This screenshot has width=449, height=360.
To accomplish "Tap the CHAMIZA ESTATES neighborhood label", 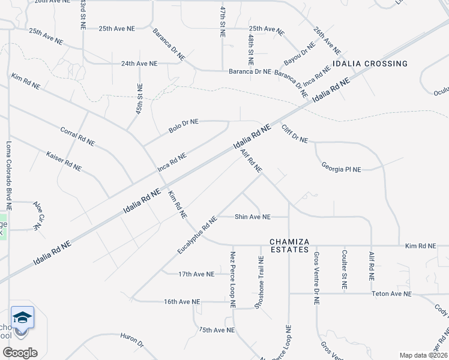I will coord(289,245).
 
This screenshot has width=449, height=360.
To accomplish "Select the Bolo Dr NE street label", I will coord(183,126).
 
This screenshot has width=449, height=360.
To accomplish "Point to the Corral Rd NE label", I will coord(77,136).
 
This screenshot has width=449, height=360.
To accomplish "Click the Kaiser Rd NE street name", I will coord(64,161).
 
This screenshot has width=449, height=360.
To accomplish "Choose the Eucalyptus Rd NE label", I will coord(197,235).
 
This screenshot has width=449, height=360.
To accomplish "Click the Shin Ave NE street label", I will coord(252,217).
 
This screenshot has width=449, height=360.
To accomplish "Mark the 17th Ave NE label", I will coord(196,274).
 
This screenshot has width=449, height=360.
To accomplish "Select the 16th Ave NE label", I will coord(181,302).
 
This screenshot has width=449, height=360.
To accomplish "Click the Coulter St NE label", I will coord(344,269).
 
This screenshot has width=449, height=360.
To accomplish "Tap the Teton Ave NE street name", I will coord(391,294).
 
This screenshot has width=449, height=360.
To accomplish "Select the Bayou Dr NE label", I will coord(300,55).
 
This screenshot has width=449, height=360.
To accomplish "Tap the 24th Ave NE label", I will coord(139,63).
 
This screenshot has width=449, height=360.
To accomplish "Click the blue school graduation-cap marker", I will coord(22,317).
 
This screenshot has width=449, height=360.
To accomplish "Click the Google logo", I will coord(20,352).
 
